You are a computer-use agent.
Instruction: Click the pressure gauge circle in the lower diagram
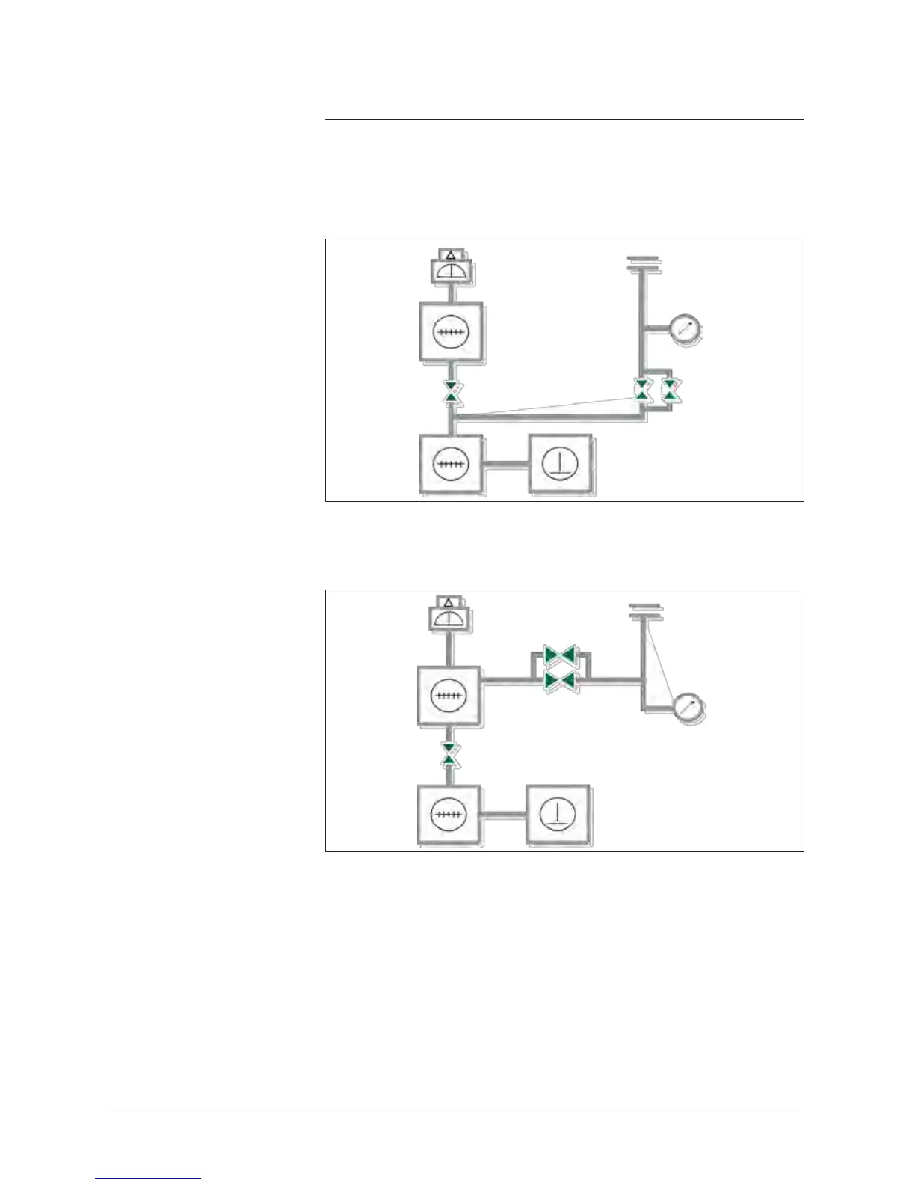click(688, 708)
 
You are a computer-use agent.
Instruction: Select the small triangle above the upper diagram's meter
click(450, 256)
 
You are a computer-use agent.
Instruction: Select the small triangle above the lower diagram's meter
click(449, 602)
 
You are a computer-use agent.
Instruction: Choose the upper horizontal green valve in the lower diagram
click(559, 655)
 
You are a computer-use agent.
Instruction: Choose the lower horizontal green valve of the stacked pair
click(559, 680)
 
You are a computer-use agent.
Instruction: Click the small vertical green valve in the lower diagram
click(449, 754)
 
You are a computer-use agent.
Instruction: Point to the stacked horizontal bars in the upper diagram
click(644, 263)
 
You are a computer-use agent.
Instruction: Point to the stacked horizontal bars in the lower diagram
click(645, 611)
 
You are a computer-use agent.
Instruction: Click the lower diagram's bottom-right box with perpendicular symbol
click(557, 815)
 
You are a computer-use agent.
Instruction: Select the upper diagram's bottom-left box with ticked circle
click(450, 465)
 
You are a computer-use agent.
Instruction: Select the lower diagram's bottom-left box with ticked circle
click(449, 815)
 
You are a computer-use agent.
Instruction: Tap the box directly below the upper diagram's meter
click(451, 333)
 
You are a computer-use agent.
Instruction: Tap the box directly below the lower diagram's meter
click(449, 695)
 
